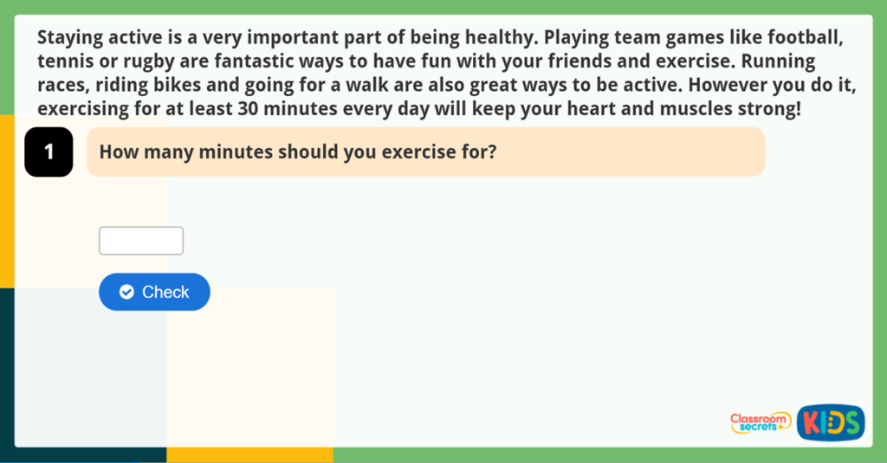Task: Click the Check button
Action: point(154,292)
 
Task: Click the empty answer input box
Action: point(141,241)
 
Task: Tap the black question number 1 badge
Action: point(49,152)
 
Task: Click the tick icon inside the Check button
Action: point(126,293)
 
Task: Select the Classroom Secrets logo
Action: point(760,422)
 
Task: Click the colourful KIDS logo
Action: point(830,422)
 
